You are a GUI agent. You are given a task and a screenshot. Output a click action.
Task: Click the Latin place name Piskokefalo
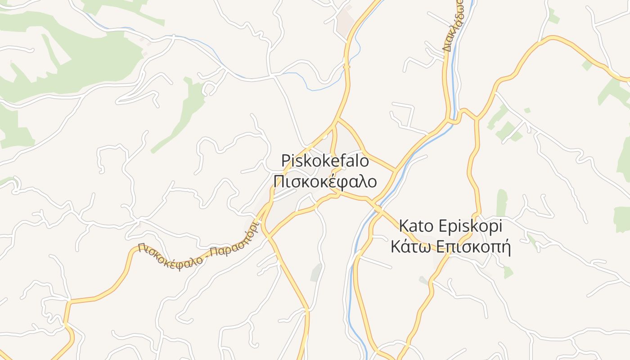tap(324, 160)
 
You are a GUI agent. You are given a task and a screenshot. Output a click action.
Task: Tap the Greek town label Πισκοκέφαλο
tap(324, 181)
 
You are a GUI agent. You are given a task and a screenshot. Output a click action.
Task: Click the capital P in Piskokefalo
tap(285, 160)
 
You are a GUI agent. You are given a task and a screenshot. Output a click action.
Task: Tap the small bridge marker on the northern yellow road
tap(346, 66)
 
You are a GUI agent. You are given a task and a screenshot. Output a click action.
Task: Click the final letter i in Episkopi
tap(500, 225)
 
